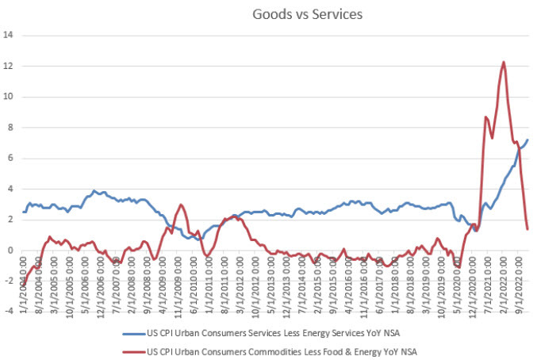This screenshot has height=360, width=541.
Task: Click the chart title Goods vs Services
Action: [x=297, y=14]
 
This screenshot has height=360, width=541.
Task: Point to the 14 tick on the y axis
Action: [x=9, y=36]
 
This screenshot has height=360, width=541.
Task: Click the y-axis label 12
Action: [x=9, y=67]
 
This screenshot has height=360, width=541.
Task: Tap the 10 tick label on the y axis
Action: [x=9, y=97]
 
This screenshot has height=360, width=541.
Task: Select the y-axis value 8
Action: [x=10, y=128]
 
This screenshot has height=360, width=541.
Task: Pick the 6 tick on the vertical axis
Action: [x=10, y=159]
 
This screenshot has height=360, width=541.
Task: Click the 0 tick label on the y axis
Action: [x=10, y=251]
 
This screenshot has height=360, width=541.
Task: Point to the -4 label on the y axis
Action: [x=9, y=312]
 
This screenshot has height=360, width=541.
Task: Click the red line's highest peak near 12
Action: [x=504, y=62]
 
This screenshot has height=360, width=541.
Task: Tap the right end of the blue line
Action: [x=528, y=140]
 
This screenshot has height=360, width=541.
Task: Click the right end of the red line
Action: [x=528, y=229]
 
